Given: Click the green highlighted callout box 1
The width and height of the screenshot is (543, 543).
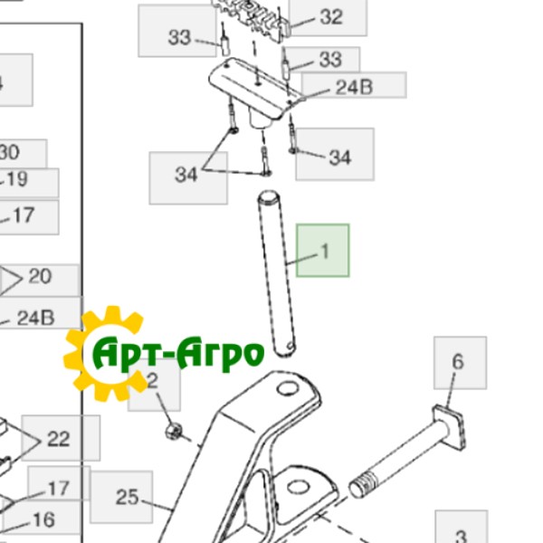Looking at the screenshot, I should point(323,251).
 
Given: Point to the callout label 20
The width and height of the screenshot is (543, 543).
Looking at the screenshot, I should point(40,276).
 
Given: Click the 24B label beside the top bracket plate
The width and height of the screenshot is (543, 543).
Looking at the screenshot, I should point(355,86).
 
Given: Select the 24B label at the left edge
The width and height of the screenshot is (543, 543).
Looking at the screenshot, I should point(36,318).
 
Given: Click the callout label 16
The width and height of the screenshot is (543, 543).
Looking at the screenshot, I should point(43,520).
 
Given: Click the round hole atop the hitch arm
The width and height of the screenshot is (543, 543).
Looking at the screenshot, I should point(288,391).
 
